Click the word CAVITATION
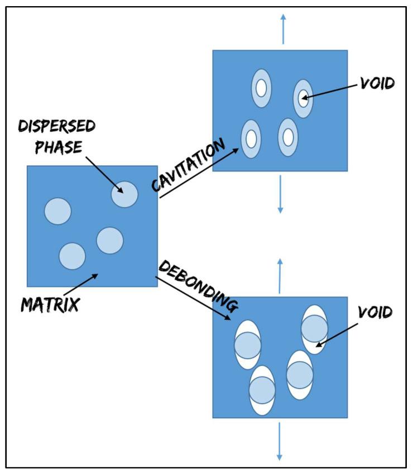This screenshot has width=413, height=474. pyautogui.click(x=188, y=165)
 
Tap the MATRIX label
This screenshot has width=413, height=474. pyautogui.click(x=50, y=304)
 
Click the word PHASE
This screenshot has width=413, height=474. pyautogui.click(x=58, y=146)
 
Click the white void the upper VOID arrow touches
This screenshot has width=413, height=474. pyautogui.click(x=303, y=99)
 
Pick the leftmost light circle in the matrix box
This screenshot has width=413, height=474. pyautogui.click(x=57, y=212)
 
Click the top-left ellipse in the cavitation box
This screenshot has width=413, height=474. pyautogui.click(x=261, y=88)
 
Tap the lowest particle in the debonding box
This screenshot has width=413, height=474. pyautogui.click(x=262, y=390)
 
